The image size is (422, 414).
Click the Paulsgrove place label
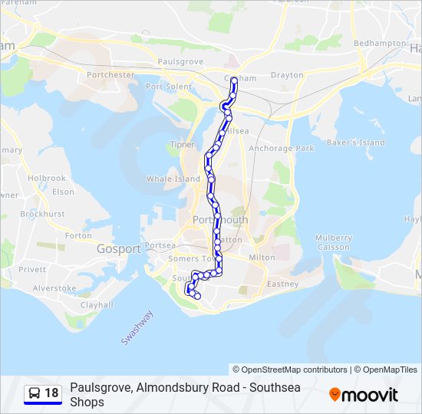click(x=179, y=61)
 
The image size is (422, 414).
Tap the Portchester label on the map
click(x=111, y=75)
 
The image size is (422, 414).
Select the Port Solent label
click(x=169, y=87)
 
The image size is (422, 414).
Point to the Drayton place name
click(x=287, y=76)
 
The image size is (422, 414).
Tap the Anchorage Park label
click(x=282, y=148)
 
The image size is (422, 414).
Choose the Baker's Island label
click(x=356, y=143)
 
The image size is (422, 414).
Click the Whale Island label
click(x=173, y=179)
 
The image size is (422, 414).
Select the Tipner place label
click(x=183, y=144)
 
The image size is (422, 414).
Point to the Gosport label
click(x=119, y=249)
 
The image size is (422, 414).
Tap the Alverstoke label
click(x=54, y=288)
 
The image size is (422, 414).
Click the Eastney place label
click(x=282, y=284)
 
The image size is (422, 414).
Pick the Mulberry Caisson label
click(x=334, y=242)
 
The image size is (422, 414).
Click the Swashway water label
click(x=137, y=327)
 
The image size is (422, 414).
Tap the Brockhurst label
click(x=42, y=215)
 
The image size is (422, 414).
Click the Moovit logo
click(x=364, y=395)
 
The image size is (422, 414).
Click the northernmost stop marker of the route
click(x=234, y=79)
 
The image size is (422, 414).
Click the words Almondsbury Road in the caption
click(x=176, y=388)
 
